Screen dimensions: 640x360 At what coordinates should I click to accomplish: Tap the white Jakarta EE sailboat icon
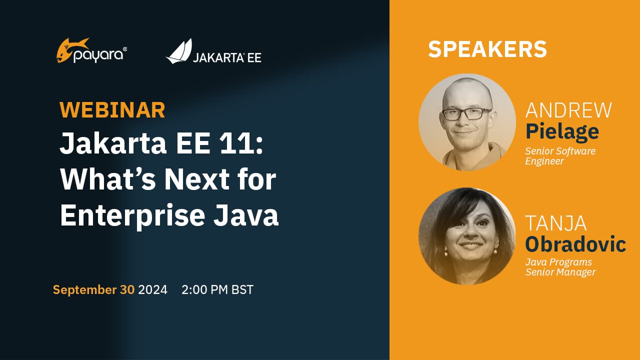pos(179,51)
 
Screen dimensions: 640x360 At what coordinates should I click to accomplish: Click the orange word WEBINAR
pos(112,109)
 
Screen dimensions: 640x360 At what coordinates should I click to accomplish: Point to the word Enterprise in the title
pos(132,215)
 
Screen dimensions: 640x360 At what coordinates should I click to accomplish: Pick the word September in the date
pos(85,290)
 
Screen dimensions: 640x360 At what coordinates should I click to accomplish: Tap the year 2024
pos(153,289)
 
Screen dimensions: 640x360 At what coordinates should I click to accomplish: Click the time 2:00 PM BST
pos(217,289)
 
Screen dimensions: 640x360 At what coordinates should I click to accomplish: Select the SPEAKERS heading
pos(487,49)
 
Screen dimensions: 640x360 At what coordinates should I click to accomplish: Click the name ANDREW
pos(568,110)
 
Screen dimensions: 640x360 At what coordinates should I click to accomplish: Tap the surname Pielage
pos(562,131)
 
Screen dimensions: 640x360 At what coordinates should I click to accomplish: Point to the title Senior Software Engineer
pos(560,156)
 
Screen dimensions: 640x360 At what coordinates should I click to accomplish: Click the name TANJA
pos(555,223)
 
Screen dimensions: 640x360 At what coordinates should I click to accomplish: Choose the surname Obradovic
pos(575,244)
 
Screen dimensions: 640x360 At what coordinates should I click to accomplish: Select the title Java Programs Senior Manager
pos(560,267)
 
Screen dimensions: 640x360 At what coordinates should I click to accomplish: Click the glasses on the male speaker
pos(467,113)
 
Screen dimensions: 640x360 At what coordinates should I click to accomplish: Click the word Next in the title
pos(197,179)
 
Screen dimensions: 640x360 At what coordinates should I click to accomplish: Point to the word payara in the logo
pos(98,55)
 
